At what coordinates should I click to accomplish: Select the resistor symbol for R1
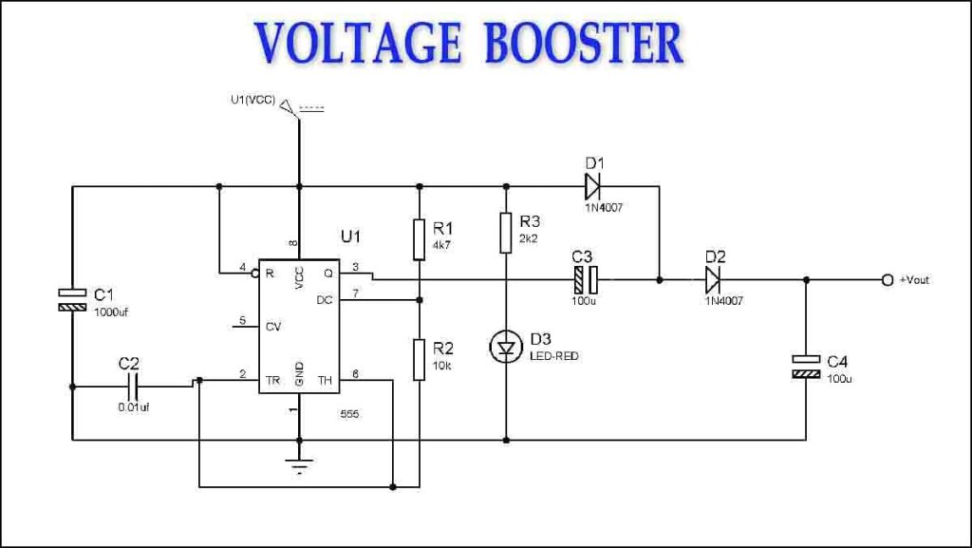click(418, 239)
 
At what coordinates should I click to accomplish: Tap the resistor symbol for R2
click(418, 358)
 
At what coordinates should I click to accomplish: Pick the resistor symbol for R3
click(507, 234)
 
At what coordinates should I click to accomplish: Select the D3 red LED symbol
click(507, 348)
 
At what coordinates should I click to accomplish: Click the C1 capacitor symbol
click(72, 298)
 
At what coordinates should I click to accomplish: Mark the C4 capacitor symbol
click(806, 368)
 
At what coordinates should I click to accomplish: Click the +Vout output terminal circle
click(887, 280)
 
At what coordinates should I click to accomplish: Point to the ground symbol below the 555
click(300, 466)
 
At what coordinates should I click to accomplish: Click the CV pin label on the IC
click(273, 328)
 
